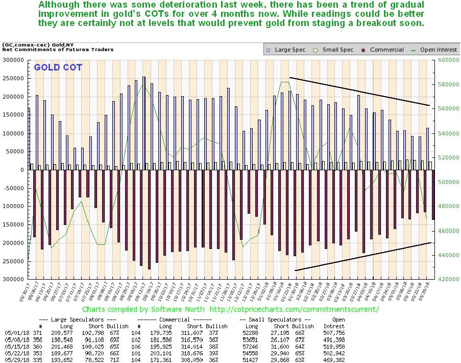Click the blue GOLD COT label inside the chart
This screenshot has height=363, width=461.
58,67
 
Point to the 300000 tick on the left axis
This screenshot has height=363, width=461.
14,60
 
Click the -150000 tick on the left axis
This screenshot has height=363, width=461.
13,224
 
